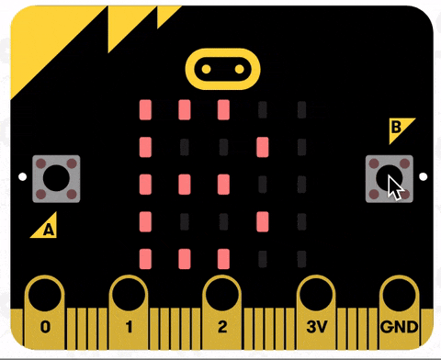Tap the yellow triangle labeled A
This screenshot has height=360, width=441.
[x=46, y=226]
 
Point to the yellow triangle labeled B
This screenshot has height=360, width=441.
[x=399, y=129]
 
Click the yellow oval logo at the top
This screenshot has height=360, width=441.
[x=222, y=69]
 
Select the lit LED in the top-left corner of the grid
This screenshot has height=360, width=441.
[x=144, y=110]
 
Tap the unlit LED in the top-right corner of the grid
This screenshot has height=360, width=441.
[x=301, y=110]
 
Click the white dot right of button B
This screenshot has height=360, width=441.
[x=424, y=176]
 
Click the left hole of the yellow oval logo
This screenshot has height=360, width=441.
[x=207, y=69]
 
